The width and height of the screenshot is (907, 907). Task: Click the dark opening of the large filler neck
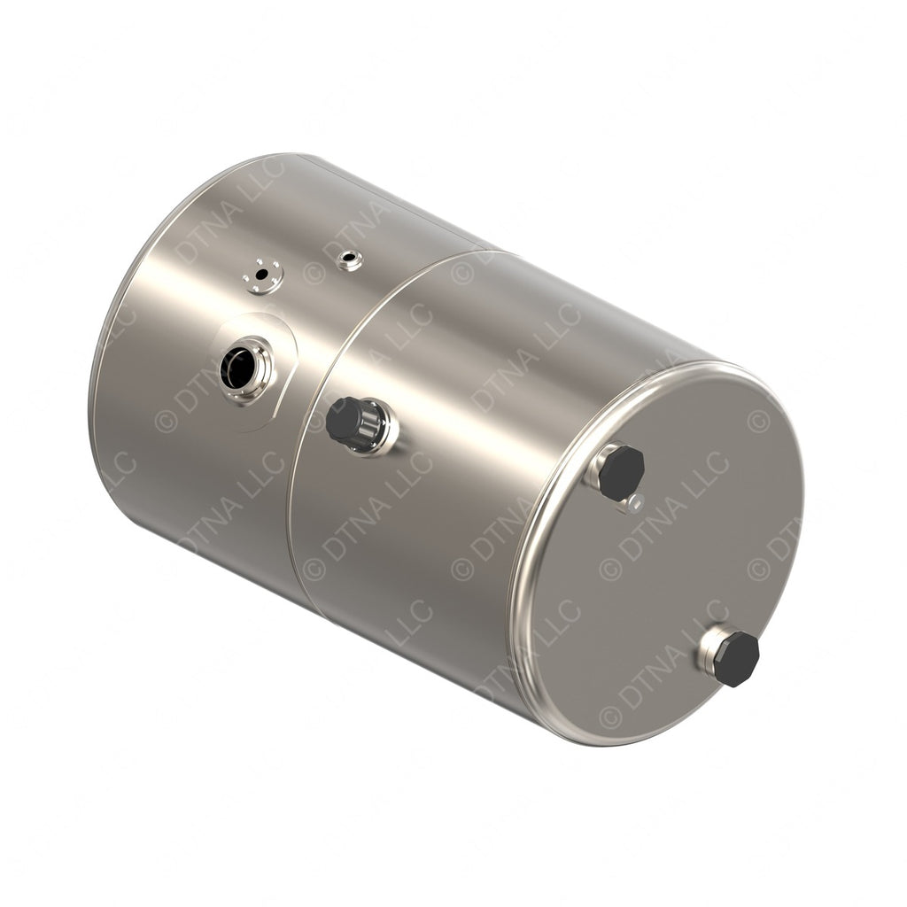click(x=237, y=368)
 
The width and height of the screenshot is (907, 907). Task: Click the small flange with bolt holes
click(x=263, y=276)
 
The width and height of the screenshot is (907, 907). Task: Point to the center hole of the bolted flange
click(x=260, y=274)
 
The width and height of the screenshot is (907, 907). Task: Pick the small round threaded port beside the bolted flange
click(x=350, y=260)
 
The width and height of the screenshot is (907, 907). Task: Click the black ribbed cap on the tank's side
click(x=346, y=421)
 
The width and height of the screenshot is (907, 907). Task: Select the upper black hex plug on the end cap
click(x=620, y=472)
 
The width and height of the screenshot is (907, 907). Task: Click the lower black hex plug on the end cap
click(x=736, y=659)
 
